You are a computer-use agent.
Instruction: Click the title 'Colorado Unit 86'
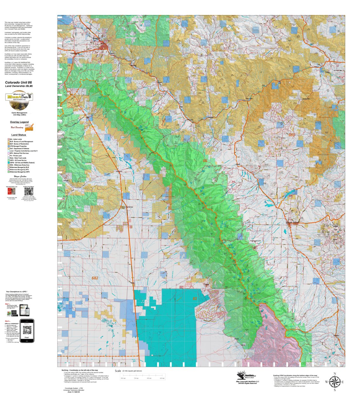pyautogui.click(x=18, y=82)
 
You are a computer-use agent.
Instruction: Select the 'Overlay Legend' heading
pyautogui.click(x=19, y=122)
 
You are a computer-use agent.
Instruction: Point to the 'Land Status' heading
pyautogui.click(x=19, y=135)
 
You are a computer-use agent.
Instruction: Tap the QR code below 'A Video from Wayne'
pyautogui.click(x=29, y=192)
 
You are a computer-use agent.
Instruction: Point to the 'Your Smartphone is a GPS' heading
pyautogui.click(x=17, y=292)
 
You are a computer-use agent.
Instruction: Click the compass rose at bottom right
pyautogui.click(x=334, y=382)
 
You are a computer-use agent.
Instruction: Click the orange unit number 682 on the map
pyautogui.click(x=95, y=278)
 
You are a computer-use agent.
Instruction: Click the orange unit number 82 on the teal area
pyautogui.click(x=195, y=299)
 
